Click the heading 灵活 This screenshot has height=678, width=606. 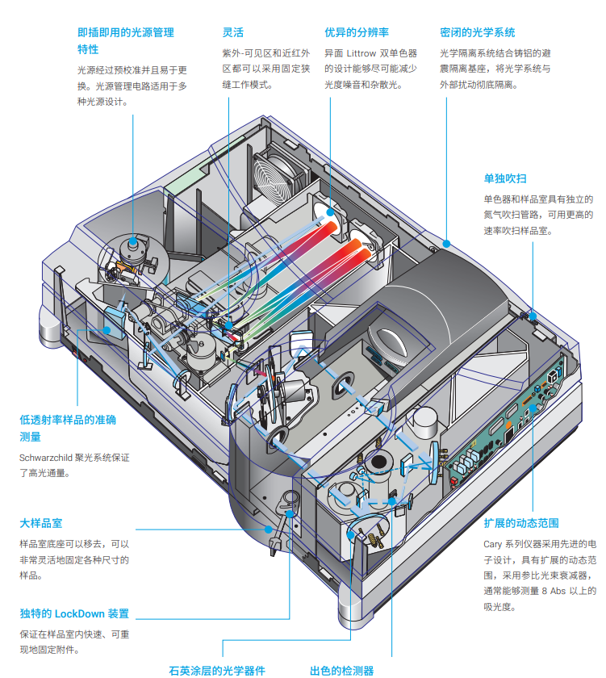pos(232,33)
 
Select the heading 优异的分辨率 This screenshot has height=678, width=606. pos(357,33)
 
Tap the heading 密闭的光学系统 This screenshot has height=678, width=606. pos(478,33)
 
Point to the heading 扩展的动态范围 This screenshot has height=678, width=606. pos(521,524)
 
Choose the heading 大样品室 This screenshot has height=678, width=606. pos(40,525)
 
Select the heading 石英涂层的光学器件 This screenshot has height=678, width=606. pos(217,670)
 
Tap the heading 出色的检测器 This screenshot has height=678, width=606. pos(342,670)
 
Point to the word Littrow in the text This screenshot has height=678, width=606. pos(362,53)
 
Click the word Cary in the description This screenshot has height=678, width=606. pos(494,542)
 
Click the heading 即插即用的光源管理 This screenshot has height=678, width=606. pos(126,33)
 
